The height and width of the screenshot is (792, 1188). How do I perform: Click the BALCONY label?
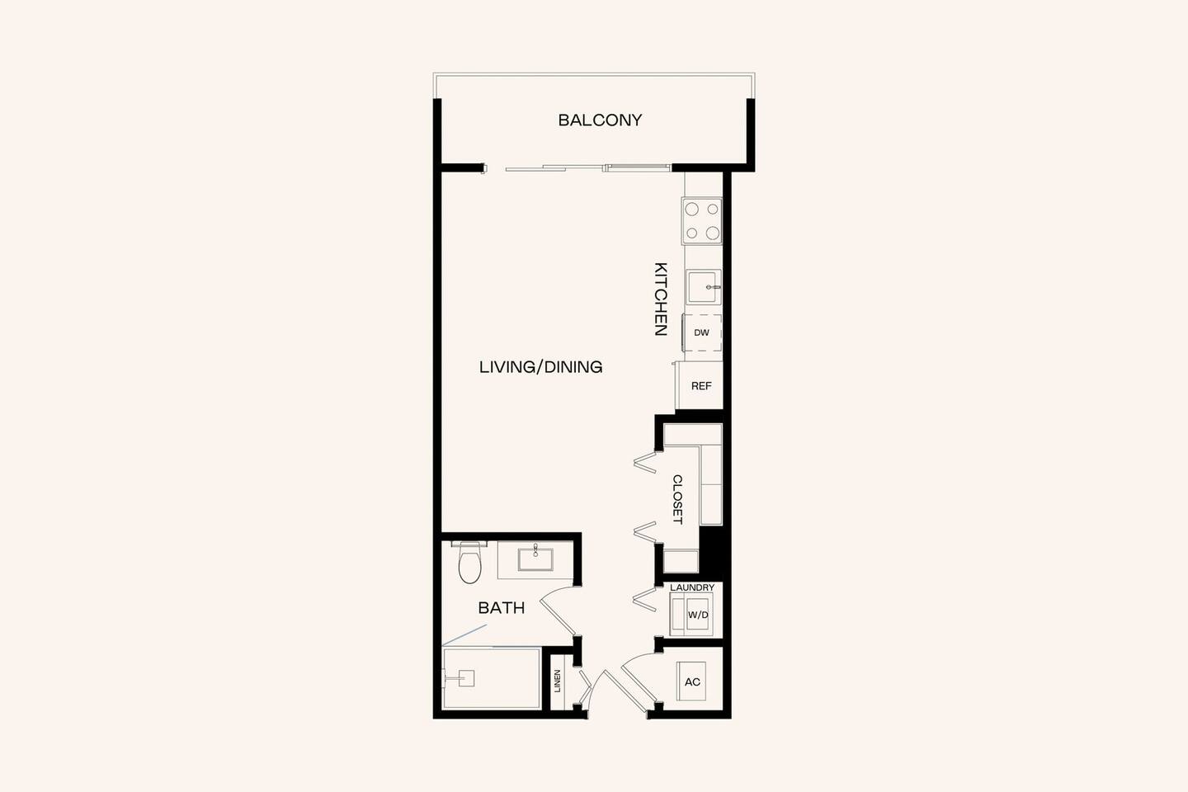600,120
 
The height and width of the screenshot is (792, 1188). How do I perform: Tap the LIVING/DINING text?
540,367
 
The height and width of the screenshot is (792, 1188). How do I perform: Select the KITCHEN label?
661,299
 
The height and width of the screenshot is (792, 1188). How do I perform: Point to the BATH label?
502,608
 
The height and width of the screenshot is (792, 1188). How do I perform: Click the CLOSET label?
677,499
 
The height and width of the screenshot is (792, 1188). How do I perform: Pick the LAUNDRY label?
692,587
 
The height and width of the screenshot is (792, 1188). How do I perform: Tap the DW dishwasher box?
702,333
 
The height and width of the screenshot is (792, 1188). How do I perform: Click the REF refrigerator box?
700,386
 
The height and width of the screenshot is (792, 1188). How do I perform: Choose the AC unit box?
692,681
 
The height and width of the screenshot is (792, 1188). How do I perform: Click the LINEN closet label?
558,681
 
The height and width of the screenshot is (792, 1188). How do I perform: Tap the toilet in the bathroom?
469,563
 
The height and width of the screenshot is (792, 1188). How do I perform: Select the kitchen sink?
704,287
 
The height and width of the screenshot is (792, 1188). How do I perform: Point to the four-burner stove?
702,221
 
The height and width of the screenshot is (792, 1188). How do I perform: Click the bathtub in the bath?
492,678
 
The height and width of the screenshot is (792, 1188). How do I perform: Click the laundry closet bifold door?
644,599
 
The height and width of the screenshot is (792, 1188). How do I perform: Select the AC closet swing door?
638,678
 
